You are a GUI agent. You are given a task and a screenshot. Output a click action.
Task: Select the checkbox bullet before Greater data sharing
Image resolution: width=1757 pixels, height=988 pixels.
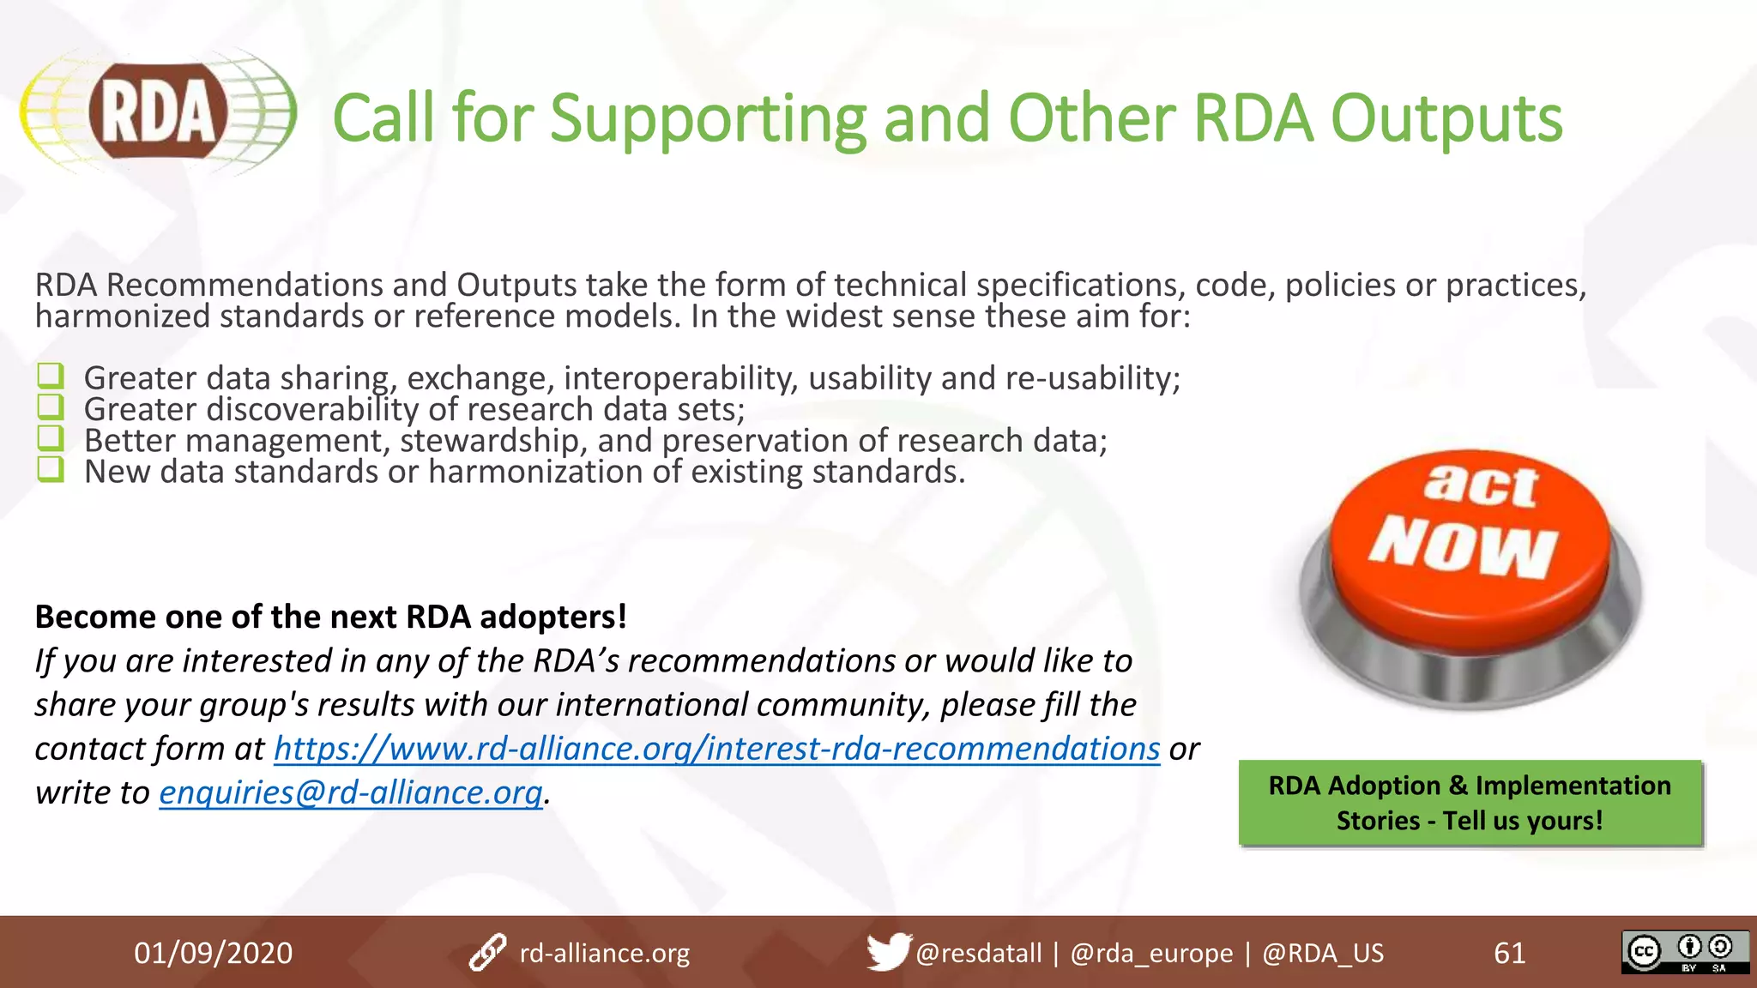tap(51, 376)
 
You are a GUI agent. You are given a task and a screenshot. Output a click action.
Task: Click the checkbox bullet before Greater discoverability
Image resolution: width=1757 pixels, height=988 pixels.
tap(51, 407)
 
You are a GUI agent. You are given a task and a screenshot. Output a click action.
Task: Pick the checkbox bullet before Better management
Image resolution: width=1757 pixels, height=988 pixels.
tap(51, 438)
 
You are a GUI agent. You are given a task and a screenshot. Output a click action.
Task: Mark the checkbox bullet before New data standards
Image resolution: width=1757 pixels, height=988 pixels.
tap(51, 469)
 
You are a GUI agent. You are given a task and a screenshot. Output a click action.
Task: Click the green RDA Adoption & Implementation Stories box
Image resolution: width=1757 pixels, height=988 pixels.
tap(1470, 803)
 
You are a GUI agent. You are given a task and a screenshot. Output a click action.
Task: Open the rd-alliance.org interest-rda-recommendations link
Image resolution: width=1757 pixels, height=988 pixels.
tap(716, 749)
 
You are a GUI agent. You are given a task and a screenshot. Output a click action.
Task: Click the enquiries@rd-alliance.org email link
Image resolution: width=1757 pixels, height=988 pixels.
tap(351, 792)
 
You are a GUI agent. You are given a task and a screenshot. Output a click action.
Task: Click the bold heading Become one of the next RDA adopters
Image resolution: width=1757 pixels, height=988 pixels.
tap(330, 617)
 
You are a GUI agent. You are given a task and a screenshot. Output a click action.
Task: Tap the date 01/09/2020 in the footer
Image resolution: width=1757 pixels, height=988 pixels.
tap(213, 953)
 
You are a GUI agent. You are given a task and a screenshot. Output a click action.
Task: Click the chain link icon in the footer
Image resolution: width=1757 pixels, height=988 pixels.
tap(487, 953)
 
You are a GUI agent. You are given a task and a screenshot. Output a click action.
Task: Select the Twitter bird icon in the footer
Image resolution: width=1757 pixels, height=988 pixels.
tap(887, 952)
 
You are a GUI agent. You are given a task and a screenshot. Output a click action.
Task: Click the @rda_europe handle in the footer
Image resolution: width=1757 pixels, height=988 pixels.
tap(1151, 953)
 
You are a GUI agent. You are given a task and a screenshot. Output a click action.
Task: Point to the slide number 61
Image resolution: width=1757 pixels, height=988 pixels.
tap(1509, 953)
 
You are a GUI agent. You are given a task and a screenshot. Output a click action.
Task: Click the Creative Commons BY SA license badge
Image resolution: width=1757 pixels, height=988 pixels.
tap(1684, 952)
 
